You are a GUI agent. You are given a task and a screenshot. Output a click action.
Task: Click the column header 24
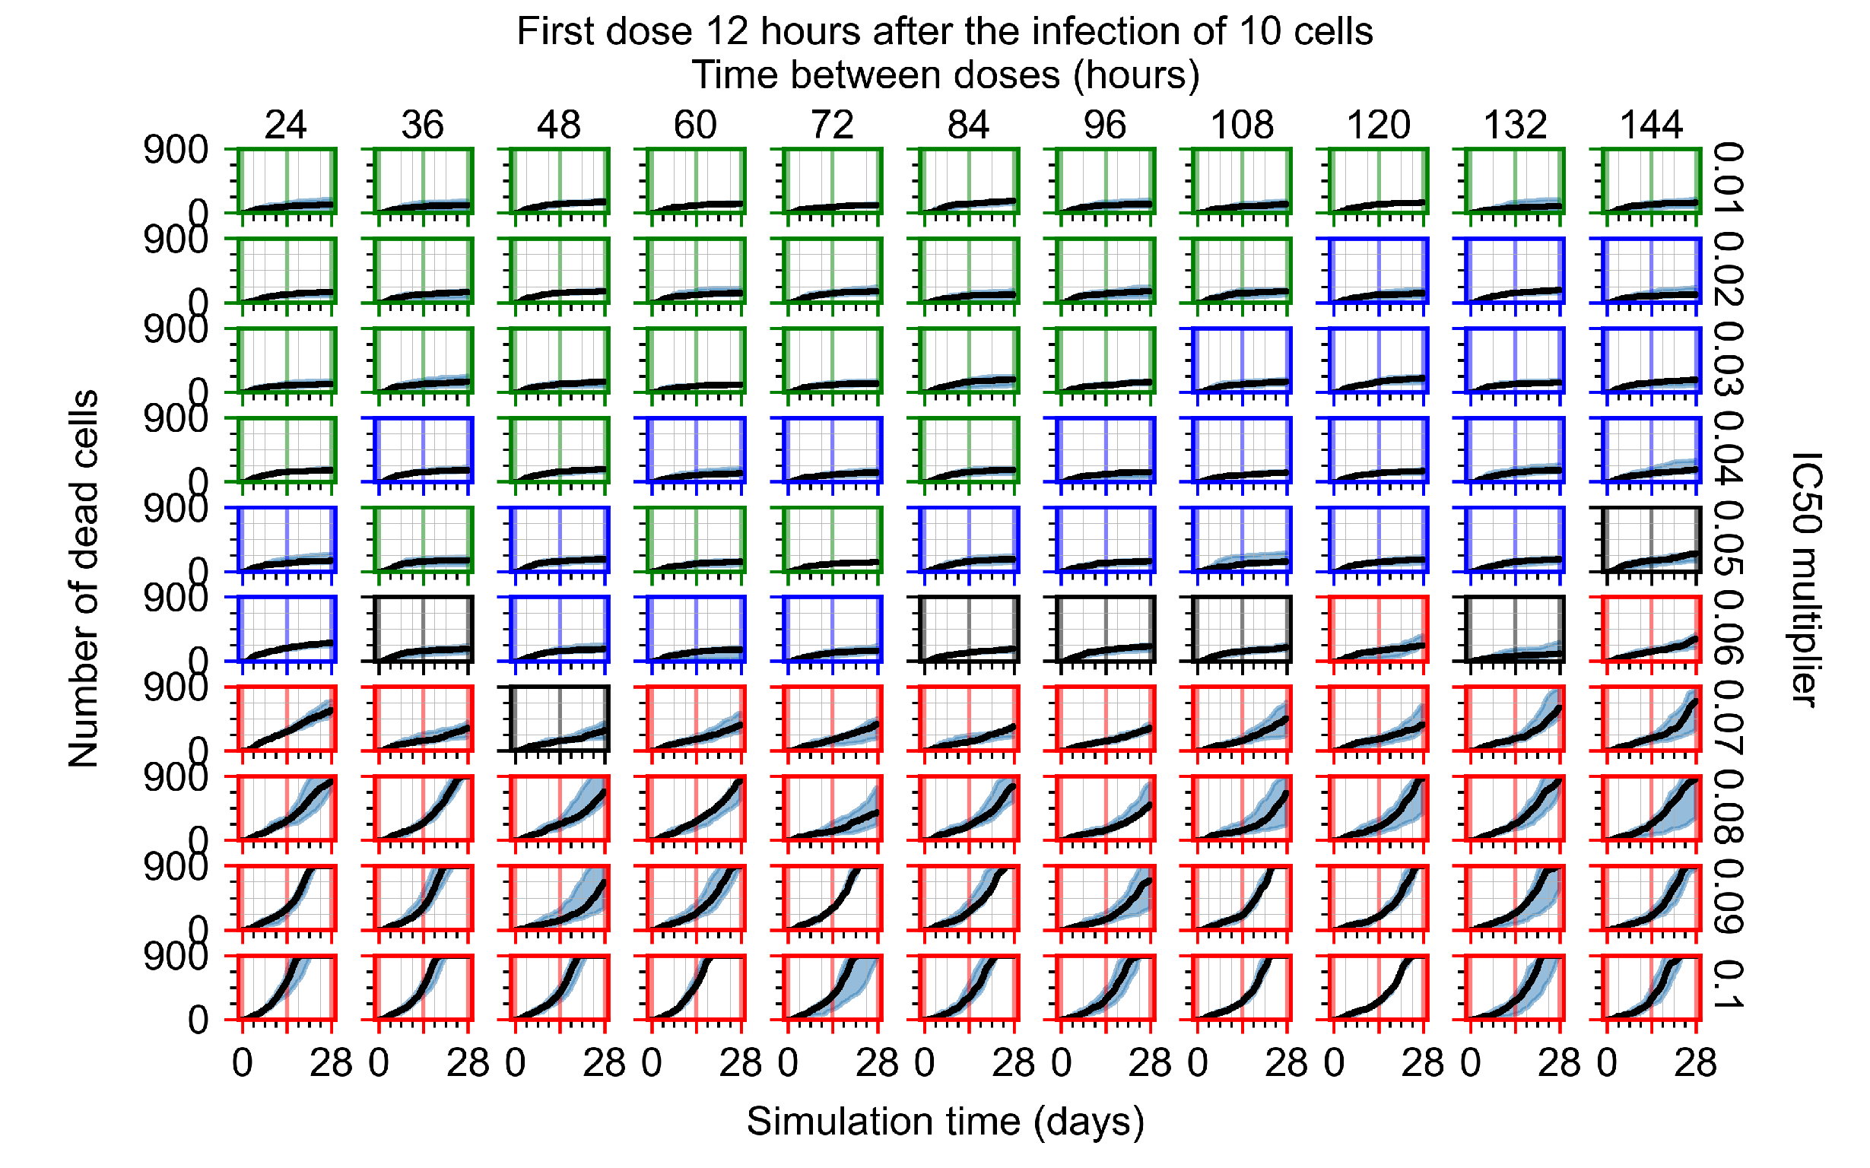286,125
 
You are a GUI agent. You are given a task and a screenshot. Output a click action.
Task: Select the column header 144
1651,125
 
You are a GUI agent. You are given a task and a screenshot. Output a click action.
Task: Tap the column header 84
968,125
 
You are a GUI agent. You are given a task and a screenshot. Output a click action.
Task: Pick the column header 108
1241,125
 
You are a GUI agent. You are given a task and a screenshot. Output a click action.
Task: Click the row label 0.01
1728,179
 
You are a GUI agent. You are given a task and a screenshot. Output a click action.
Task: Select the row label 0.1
1728,986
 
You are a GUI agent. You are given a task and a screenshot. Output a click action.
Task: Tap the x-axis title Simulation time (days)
945,1121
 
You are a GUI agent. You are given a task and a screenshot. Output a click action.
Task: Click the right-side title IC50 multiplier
1805,579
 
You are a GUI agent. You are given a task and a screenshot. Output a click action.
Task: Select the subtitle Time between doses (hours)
945,76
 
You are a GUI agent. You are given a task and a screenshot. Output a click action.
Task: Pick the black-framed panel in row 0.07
559,719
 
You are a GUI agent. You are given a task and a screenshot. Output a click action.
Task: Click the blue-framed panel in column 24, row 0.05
286,539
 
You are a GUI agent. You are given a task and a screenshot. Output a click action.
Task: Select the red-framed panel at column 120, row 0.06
1378,629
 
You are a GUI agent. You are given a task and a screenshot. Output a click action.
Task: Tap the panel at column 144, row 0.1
1651,987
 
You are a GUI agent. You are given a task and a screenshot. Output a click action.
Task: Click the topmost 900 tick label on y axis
176,150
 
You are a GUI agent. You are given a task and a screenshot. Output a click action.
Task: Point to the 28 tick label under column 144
1695,1064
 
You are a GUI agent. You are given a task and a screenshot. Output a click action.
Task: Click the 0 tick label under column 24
242,1064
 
